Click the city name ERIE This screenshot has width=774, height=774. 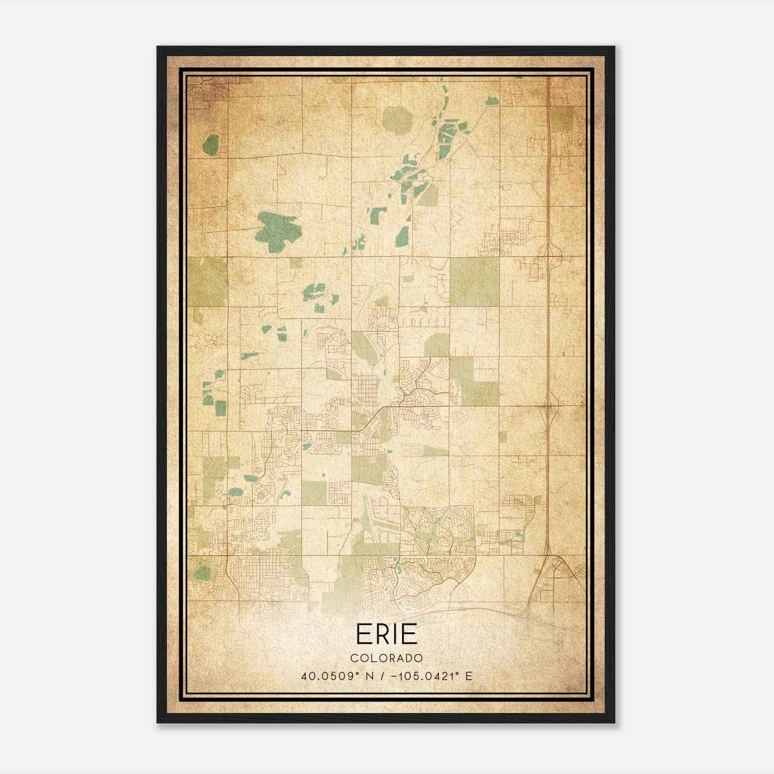click(x=387, y=634)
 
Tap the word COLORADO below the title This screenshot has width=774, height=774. click(x=387, y=658)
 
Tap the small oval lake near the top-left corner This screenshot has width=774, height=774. click(x=211, y=145)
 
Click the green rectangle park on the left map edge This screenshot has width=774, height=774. click(x=207, y=282)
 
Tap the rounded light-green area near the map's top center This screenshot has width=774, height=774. click(x=396, y=119)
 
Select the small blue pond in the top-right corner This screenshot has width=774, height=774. click(x=493, y=101)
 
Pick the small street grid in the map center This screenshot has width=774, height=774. click(x=365, y=391)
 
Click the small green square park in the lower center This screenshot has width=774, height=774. click(x=314, y=492)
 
